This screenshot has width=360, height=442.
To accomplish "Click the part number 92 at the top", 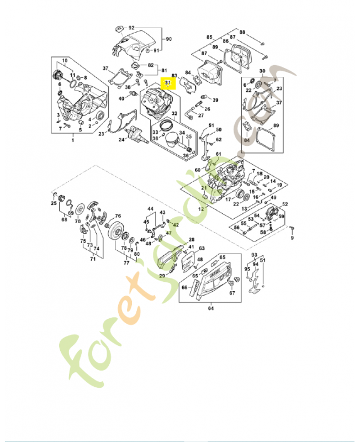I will point(131,27).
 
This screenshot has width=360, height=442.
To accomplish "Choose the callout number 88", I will point(242,33).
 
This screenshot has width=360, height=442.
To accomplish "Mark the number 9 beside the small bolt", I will point(293,239).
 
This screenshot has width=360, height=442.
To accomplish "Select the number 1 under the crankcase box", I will point(72,141).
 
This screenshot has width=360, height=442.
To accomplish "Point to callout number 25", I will point(54,203).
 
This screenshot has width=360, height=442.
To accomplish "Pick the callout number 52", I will point(285,204).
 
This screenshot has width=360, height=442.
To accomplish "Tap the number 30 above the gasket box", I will point(262,71).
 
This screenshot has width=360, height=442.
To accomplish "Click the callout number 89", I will point(276,127).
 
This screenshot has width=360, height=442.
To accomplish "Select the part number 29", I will point(162,275).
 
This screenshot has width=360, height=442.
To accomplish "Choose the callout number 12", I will point(201,210).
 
